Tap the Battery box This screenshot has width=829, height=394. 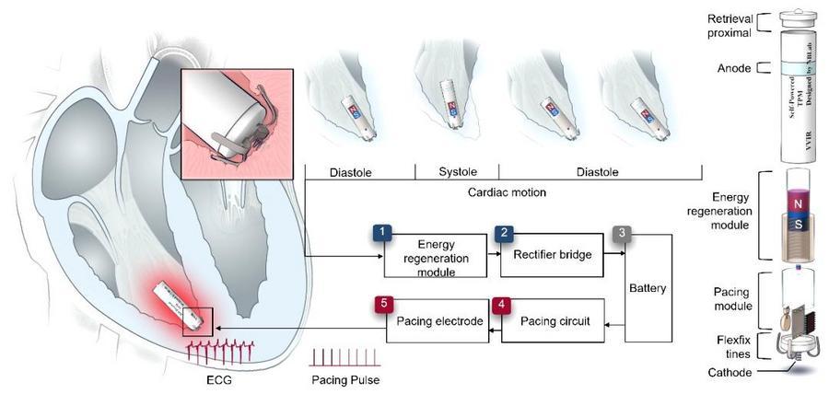(x=649, y=286)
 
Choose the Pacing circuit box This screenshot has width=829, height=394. (x=551, y=321)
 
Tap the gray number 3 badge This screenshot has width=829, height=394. (x=625, y=233)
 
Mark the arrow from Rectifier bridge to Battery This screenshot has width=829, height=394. (x=614, y=249)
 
